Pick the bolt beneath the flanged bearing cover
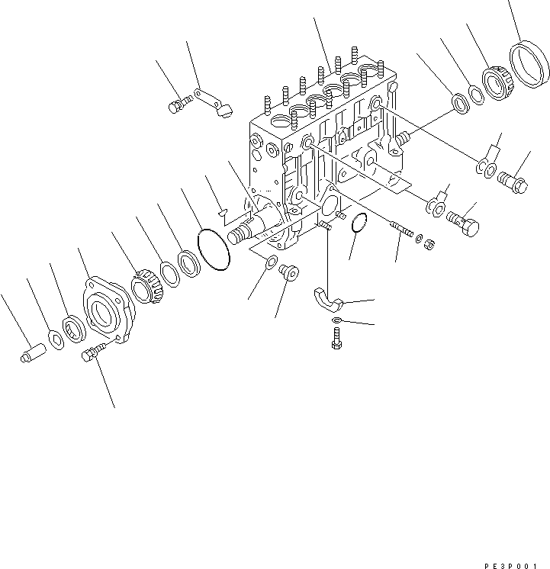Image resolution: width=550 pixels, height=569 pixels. click(92, 354)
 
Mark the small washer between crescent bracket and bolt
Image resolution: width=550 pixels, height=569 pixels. click(336, 320)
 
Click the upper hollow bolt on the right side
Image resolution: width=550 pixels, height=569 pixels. click(515, 182)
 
